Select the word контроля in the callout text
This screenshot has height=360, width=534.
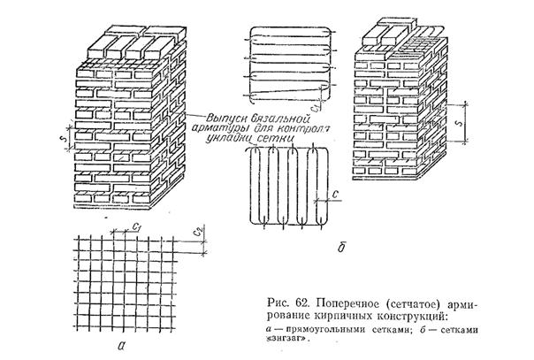click(299, 129)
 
